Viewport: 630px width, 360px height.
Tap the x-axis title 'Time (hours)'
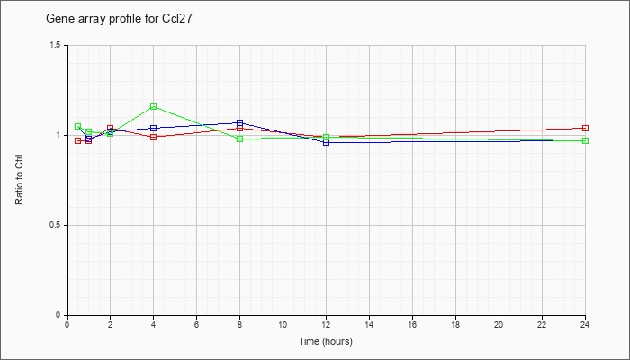pos(326,341)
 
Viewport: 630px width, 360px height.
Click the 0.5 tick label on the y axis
pos(56,225)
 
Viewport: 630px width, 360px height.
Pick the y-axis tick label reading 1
pos(59,135)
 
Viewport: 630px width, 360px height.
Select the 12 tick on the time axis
pos(326,324)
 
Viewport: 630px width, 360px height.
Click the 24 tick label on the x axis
pos(585,324)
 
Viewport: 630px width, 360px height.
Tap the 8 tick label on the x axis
pos(239,324)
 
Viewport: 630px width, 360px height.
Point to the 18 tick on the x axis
pos(455,324)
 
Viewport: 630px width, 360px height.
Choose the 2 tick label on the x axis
pos(110,324)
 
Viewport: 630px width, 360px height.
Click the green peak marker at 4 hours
pos(154,106)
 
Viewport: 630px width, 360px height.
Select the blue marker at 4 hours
pos(154,128)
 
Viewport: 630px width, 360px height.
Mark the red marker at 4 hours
pos(154,137)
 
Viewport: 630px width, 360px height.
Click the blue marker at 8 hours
pos(240,122)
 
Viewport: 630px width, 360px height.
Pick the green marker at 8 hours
pos(240,139)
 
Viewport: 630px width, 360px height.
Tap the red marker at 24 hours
pos(586,128)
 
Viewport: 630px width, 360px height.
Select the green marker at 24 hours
pos(586,140)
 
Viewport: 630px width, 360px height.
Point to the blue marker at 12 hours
pos(327,142)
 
